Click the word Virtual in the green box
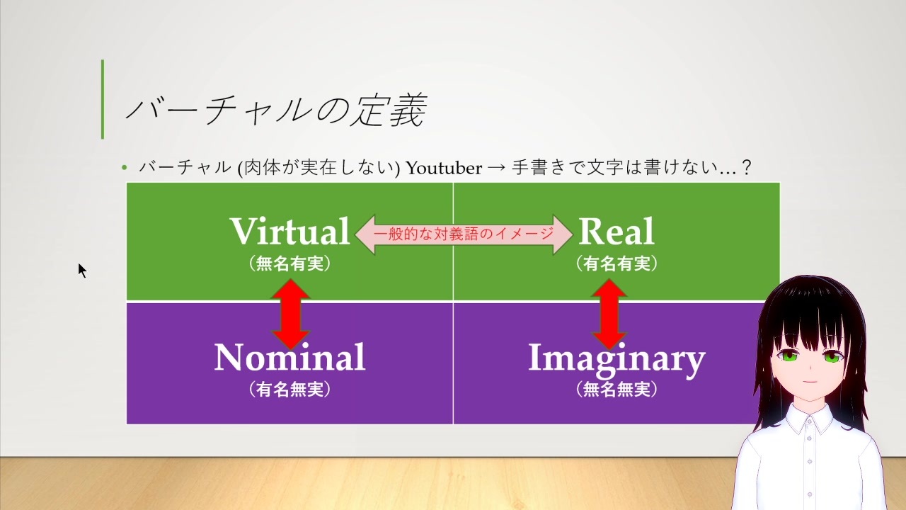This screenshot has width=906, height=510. coord(290,231)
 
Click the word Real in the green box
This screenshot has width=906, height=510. coord(617,231)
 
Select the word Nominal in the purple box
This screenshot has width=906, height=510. coord(289,357)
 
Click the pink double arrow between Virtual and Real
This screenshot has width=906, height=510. coord(464,234)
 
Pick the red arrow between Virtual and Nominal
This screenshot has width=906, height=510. coord(291,314)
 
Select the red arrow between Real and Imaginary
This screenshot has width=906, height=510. coord(609,314)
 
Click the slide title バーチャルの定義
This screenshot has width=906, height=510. coord(276,110)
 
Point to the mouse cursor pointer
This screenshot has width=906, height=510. coord(83,271)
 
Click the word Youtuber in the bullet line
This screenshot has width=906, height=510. coord(444,168)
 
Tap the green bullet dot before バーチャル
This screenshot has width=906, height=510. coord(125,167)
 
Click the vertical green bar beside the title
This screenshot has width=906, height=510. coord(103,99)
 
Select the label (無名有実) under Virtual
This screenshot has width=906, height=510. coord(290,263)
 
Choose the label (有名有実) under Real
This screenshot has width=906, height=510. coord(617,263)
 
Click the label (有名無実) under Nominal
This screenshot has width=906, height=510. coord(290,390)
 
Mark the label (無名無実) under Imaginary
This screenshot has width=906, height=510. coord(617,390)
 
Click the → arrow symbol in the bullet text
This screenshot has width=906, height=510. coord(497,168)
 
